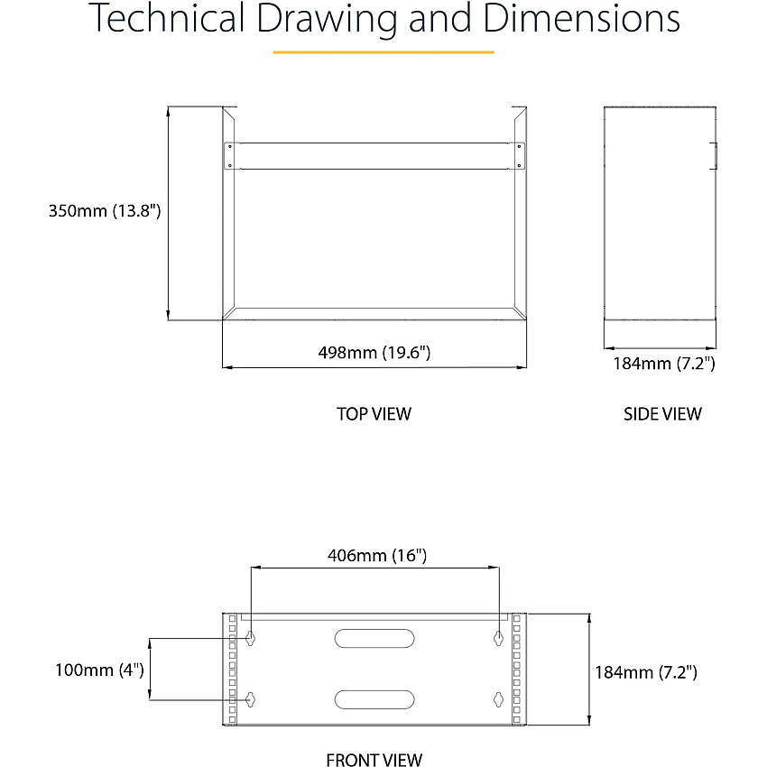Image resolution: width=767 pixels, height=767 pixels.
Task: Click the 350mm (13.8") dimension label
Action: coord(105,211)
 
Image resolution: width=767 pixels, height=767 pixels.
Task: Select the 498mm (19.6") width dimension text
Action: coord(374,352)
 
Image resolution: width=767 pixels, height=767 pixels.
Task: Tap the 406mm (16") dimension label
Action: coord(377,556)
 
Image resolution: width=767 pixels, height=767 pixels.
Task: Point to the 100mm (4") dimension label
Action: coord(99,670)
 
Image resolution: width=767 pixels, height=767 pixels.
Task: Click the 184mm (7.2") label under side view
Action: coord(664,364)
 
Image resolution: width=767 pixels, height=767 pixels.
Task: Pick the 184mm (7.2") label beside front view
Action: coord(646,672)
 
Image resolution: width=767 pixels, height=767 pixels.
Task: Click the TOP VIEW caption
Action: coord(374,414)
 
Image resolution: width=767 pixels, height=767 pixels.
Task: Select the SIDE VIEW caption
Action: coord(662,414)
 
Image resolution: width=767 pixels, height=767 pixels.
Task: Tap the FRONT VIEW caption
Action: coord(374,760)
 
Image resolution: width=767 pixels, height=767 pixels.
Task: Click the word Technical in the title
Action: coord(166,18)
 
